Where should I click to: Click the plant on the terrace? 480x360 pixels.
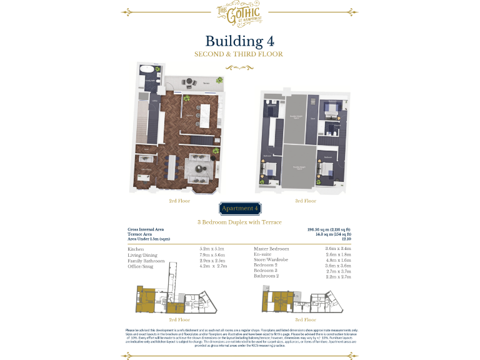point(218,79)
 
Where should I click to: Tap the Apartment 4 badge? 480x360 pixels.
point(238,208)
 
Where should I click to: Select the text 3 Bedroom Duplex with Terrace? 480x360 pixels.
point(239,222)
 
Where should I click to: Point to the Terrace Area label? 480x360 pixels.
point(142,234)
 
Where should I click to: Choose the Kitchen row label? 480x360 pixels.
point(136,249)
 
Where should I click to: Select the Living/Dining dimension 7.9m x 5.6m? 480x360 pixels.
point(211,254)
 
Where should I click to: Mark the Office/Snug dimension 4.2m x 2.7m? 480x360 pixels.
point(211,266)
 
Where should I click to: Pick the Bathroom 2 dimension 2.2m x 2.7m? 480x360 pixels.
point(338,276)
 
